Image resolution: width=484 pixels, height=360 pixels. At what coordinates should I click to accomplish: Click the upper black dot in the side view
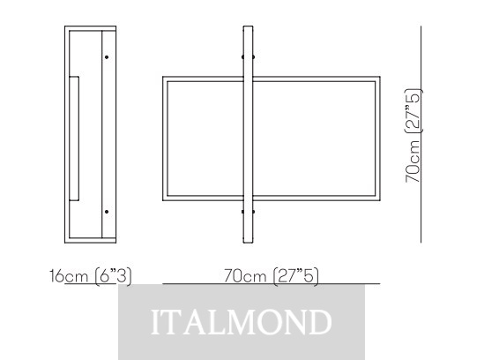click(x=107, y=57)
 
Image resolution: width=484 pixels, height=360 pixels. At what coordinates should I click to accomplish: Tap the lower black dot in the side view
click(x=107, y=212)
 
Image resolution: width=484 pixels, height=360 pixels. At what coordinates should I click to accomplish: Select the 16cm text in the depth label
click(x=69, y=275)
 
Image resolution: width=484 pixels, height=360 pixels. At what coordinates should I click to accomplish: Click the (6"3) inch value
click(x=113, y=276)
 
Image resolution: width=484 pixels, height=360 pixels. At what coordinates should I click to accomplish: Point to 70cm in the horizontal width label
click(x=245, y=275)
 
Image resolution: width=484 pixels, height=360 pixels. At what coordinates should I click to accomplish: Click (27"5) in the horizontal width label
click(x=295, y=276)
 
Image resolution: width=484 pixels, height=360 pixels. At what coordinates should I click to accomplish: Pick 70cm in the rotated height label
click(x=413, y=161)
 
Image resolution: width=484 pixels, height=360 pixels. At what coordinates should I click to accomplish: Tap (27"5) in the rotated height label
click(x=413, y=110)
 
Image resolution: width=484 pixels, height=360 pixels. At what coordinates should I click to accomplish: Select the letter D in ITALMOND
click(x=320, y=322)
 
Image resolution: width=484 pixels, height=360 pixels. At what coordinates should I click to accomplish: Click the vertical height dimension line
click(x=421, y=134)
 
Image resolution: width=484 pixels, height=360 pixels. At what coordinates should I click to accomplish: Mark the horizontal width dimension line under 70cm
click(x=272, y=283)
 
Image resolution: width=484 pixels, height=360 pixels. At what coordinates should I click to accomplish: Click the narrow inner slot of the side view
click(x=74, y=139)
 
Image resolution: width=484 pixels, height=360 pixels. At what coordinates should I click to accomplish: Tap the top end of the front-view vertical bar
click(x=248, y=26)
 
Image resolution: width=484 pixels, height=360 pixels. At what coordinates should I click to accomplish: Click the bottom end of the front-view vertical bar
click(x=248, y=243)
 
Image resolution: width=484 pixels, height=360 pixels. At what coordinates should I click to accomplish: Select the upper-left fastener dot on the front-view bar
click(x=242, y=57)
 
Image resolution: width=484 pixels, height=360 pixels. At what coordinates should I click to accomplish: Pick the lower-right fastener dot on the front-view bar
click(x=253, y=212)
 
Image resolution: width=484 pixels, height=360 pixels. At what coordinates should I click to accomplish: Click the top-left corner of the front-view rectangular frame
click(x=163, y=77)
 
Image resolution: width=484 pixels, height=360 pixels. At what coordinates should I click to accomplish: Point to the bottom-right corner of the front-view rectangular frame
click(x=380, y=200)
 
